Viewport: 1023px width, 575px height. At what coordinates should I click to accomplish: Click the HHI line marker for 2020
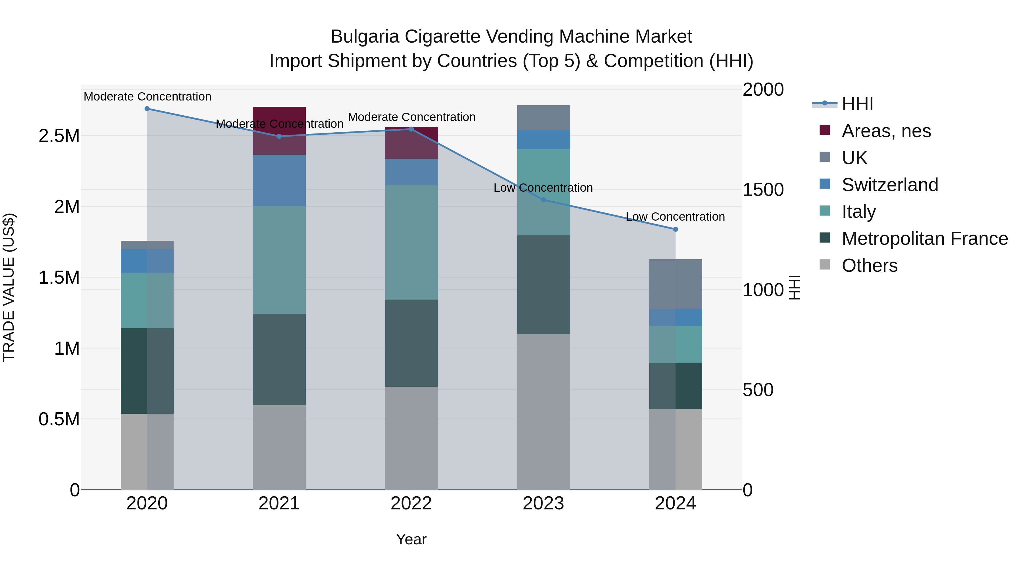click(x=147, y=109)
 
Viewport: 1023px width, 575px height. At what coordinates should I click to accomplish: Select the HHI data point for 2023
click(x=543, y=200)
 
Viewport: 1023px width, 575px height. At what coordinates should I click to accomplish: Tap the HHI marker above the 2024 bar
click(x=675, y=229)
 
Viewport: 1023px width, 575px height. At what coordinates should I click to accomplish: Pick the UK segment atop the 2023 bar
click(x=543, y=118)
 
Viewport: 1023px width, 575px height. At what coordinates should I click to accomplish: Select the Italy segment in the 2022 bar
click(x=411, y=242)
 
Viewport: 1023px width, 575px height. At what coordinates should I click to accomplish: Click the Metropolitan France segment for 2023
click(x=543, y=285)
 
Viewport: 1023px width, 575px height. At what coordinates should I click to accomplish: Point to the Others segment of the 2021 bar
click(x=279, y=447)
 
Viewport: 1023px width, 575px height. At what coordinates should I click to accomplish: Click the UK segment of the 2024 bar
click(x=675, y=284)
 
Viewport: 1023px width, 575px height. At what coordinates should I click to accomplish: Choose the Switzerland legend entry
click(x=889, y=185)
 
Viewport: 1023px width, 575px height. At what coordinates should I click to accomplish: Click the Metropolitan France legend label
click(x=924, y=239)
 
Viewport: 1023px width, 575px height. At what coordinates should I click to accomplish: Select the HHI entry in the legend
click(x=857, y=104)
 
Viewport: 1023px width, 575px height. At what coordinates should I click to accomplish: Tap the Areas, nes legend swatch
click(x=824, y=130)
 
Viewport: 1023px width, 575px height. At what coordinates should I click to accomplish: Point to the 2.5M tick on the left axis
click(x=59, y=136)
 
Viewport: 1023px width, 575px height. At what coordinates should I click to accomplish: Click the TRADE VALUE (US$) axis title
click(x=9, y=287)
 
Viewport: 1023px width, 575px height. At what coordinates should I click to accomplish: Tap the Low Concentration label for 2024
click(x=675, y=217)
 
